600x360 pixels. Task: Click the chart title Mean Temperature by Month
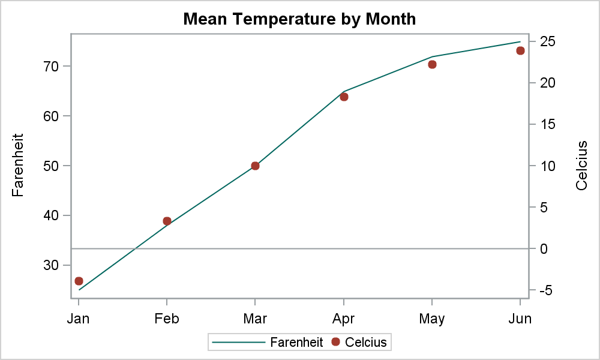tap(299, 19)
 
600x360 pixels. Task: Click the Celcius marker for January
tap(79, 281)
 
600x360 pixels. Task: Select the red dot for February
tap(167, 221)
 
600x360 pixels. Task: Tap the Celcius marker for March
tap(255, 166)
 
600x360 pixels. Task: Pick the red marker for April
tap(344, 97)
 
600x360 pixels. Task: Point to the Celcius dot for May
tap(432, 64)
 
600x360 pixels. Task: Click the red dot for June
tap(520, 50)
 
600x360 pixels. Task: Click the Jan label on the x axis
tap(79, 319)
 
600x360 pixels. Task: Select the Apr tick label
tap(344, 319)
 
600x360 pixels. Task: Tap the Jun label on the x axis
tap(520, 319)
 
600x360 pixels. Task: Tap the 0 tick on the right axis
tap(544, 249)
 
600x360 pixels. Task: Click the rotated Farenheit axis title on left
tap(18, 166)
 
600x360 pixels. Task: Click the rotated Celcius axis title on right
tap(581, 166)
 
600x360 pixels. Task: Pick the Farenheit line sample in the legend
tap(239, 342)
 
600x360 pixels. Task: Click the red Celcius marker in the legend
tap(335, 341)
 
